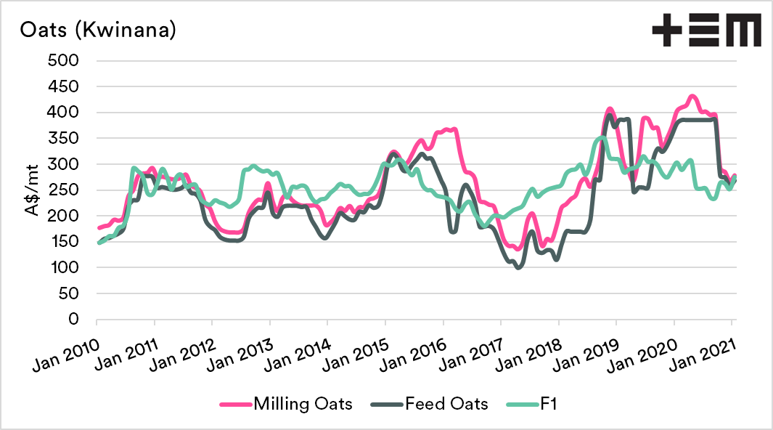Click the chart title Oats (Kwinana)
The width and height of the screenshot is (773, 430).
coord(98,31)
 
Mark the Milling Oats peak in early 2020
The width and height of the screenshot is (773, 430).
coord(692,96)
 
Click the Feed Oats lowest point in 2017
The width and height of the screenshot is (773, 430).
coord(518,267)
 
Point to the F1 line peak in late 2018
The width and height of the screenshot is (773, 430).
coord(601,137)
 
